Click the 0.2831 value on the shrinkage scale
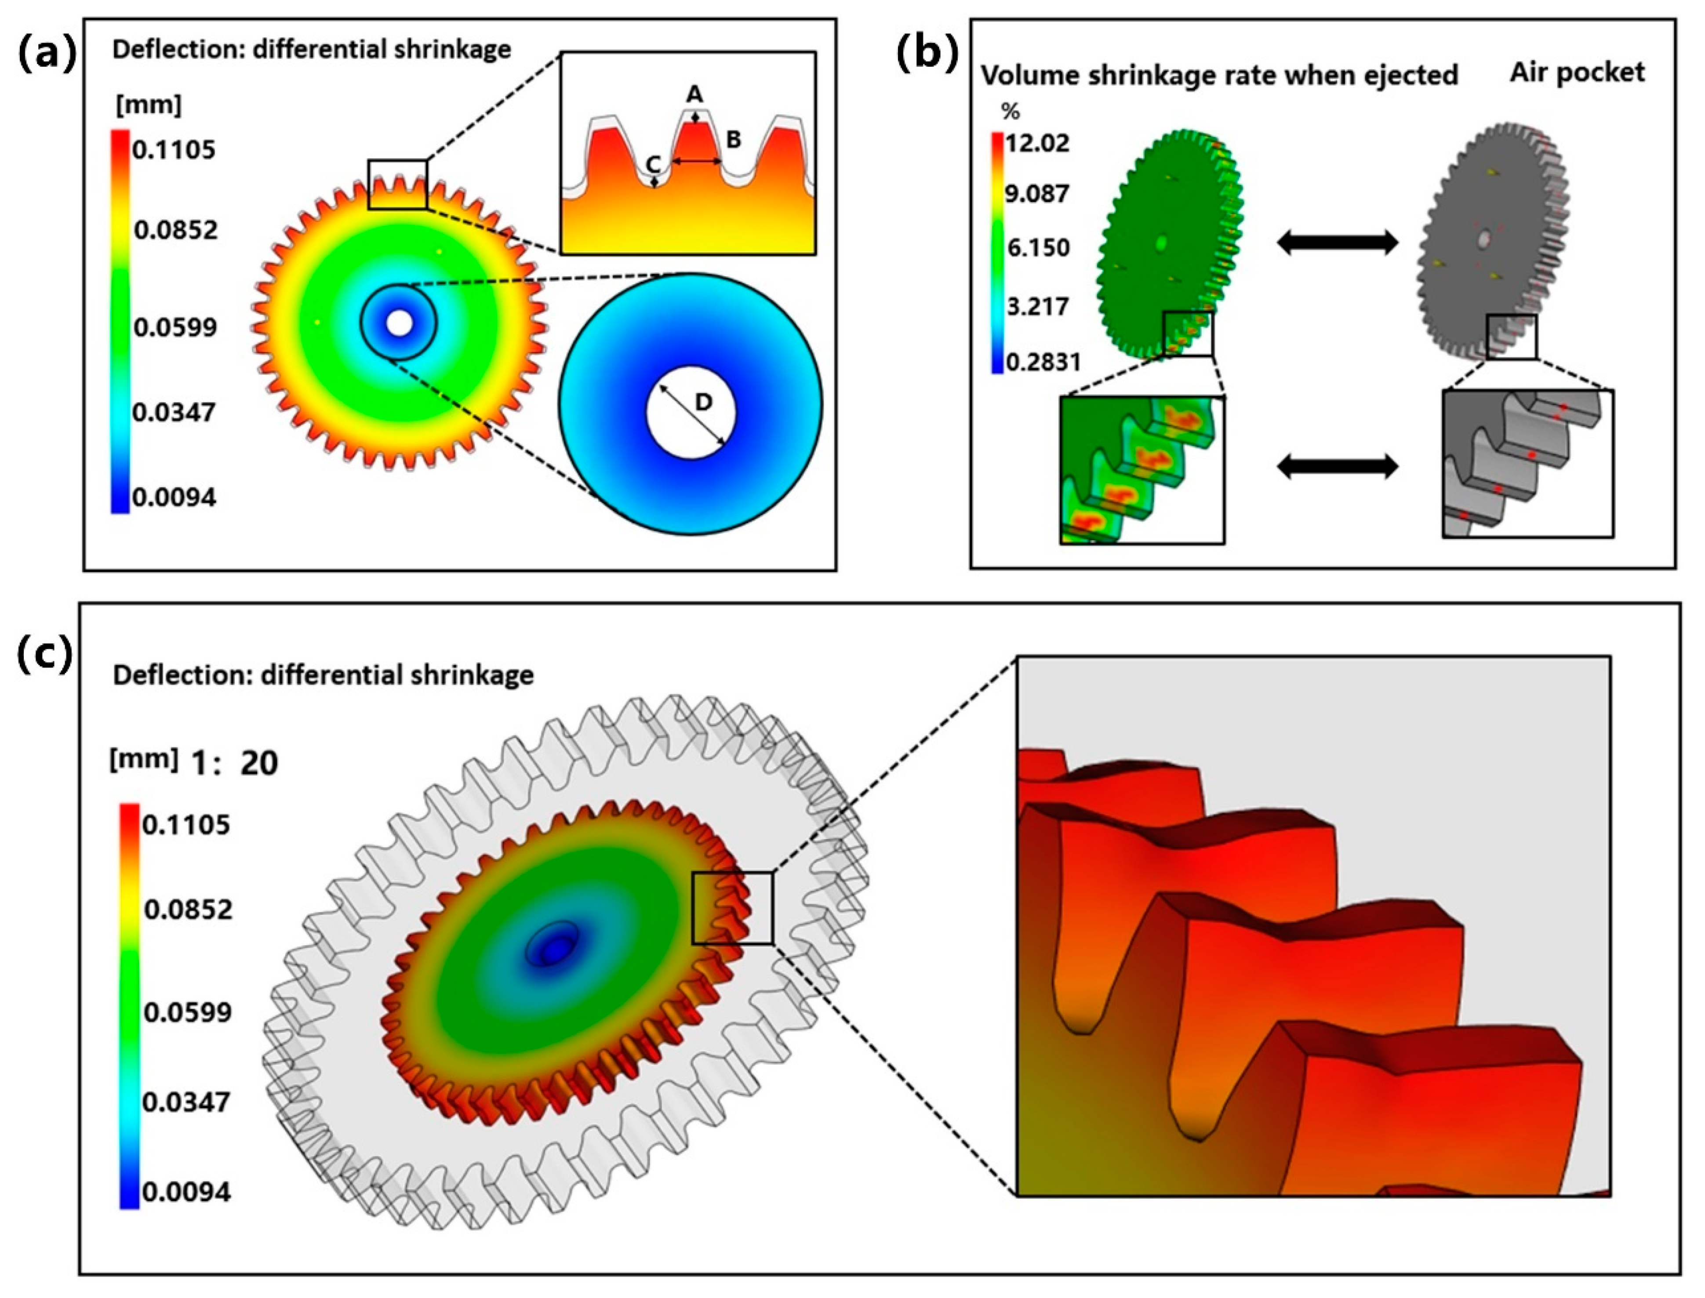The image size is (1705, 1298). tap(1043, 361)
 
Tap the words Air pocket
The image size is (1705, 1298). tap(1577, 73)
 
